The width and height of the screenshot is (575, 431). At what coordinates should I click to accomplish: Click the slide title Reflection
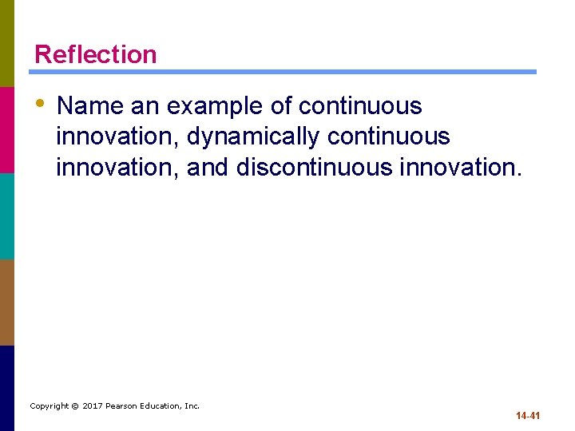tap(95, 54)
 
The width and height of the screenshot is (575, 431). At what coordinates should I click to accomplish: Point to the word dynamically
tap(252, 137)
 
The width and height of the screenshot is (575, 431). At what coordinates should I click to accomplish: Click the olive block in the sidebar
tap(7, 43)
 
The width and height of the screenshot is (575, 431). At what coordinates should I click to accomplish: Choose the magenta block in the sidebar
tap(7, 129)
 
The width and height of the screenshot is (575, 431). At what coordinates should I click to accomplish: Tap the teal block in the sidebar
tap(7, 215)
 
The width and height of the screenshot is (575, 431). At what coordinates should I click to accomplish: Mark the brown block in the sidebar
tap(7, 302)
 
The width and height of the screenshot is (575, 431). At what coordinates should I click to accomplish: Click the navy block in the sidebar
tap(7, 388)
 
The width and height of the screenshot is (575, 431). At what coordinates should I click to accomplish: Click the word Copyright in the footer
tap(48, 406)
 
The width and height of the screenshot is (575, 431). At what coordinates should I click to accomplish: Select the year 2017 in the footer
tap(94, 406)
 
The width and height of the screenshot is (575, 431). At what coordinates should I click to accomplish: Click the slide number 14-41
tap(528, 416)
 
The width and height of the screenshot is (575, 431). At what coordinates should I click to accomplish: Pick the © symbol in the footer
tap(73, 406)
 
